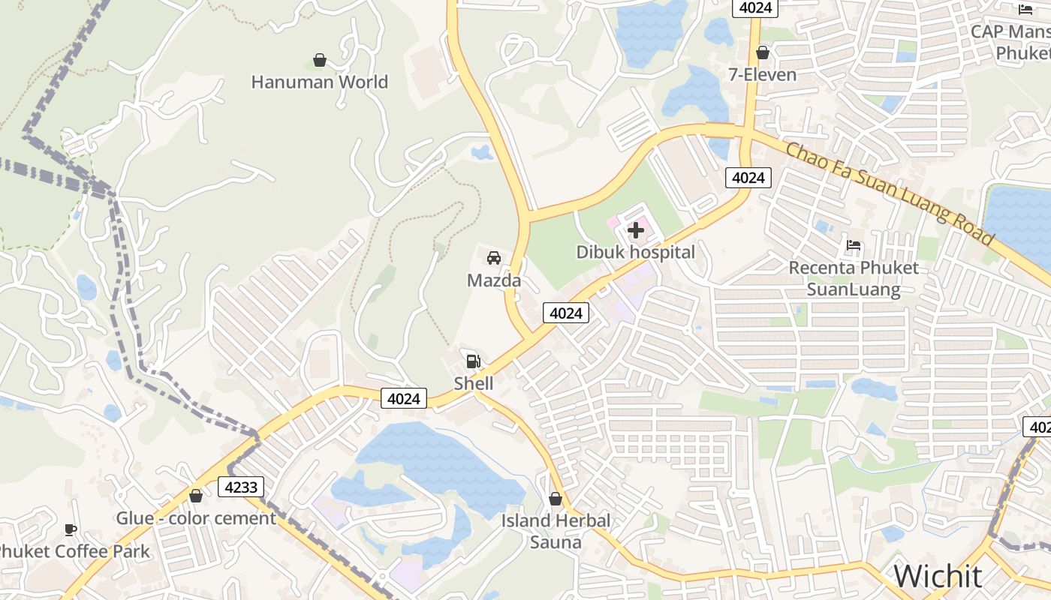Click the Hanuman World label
319,82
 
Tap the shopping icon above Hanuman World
320,60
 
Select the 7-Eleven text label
763,74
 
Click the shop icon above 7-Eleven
763,52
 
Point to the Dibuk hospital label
636,252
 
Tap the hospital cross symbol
636,230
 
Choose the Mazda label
494,280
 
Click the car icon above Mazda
494,259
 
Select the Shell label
474,383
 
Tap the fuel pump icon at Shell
474,361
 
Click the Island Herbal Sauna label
556,531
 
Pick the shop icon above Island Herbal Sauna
556,499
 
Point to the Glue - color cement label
196,518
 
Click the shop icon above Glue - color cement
196,496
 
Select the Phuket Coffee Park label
73,552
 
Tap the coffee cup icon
71,530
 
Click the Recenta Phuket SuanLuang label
854,278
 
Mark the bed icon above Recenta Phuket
854,245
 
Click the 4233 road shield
241,487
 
